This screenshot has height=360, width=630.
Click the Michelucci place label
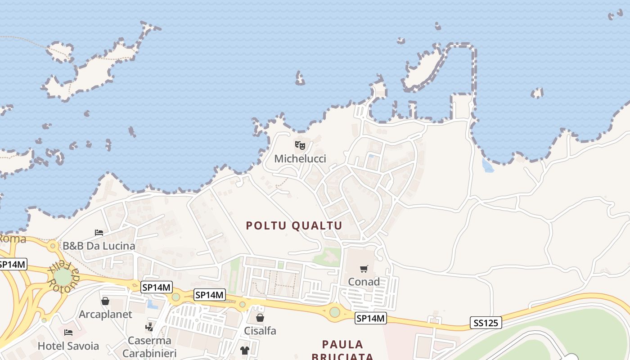coord(300,159)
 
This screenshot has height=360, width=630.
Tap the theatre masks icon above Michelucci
coord(300,145)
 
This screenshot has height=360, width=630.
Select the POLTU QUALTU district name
coord(294,225)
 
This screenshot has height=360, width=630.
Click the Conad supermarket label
coord(364,282)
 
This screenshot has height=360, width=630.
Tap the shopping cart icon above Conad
coord(364,269)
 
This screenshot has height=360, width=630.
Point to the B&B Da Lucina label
coord(99,246)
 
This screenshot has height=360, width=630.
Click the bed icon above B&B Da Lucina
coord(99,233)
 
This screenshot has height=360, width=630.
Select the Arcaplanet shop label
coord(105,314)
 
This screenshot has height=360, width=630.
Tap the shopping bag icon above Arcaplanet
coord(105,301)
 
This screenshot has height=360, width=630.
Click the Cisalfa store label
coord(260,331)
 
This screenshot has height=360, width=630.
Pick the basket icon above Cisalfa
coord(260,318)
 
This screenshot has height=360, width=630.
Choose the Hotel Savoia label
coord(68,346)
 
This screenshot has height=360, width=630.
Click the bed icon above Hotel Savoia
coord(68,333)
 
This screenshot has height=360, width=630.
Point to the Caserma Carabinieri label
coord(149,346)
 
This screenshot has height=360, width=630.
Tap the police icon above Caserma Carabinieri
coord(149,327)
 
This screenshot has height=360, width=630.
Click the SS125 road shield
coord(486,323)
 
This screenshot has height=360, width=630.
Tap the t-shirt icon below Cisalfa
coord(244,351)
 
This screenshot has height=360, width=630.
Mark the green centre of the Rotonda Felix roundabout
coord(63,276)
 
